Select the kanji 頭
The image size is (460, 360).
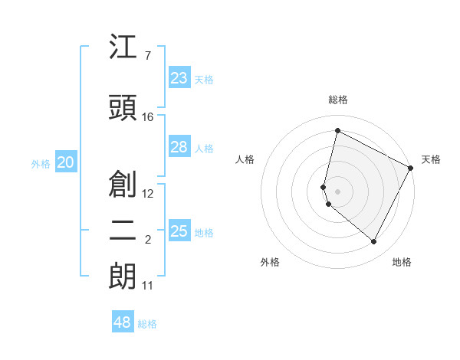123,108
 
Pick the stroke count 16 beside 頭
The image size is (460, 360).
148,116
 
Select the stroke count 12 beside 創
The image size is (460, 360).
148,193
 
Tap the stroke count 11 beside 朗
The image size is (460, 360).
148,286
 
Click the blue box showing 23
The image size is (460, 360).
179,78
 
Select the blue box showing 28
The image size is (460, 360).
179,147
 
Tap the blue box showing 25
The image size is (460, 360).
179,231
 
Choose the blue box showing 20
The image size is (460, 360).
66,162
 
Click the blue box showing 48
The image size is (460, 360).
123,322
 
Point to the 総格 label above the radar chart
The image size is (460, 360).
338,100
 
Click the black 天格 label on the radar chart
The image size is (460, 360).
431,159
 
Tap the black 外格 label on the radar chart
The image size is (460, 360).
270,263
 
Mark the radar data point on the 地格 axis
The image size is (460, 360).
374,242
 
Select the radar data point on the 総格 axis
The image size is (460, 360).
337,130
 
